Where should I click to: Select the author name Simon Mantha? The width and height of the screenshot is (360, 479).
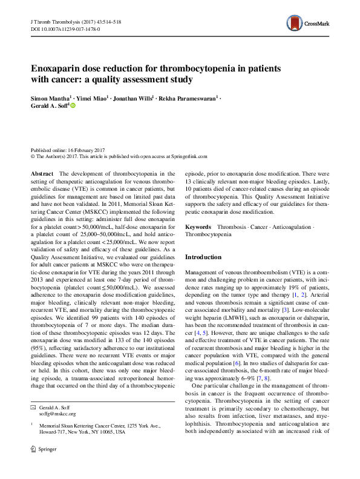coord(50,97)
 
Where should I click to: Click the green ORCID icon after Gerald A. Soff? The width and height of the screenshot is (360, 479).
coord(73,105)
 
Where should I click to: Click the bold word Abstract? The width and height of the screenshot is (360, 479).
coord(41,174)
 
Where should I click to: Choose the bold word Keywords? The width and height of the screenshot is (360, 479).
coord(199,225)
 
